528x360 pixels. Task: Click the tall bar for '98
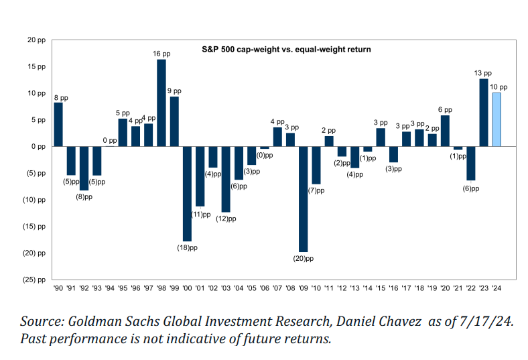pos(161,103)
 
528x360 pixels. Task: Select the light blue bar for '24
pos(497,119)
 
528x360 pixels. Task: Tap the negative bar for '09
pos(303,198)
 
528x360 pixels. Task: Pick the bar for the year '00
pos(187,193)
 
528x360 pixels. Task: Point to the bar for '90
pos(58,124)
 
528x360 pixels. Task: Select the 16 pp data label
pos(161,54)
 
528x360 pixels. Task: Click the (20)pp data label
pos(304,258)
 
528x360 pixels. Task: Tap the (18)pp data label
pos(188,247)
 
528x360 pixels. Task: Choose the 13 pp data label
pos(483,73)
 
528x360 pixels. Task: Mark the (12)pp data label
pos(226,218)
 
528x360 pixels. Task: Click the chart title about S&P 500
pos(287,49)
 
